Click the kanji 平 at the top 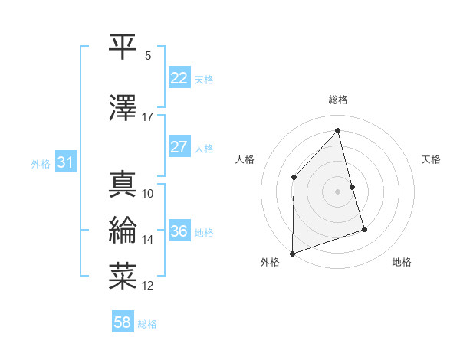(x=123, y=46)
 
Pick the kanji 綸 (x=123, y=229)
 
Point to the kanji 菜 (x=123, y=275)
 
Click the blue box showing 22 (x=179, y=78)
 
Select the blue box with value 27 (x=179, y=147)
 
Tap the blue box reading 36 (x=179, y=231)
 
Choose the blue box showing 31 (x=65, y=162)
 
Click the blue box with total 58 (x=123, y=322)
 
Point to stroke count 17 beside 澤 (x=148, y=117)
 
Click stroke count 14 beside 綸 (x=148, y=240)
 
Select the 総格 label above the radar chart (x=338, y=100)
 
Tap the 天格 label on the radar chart (x=432, y=159)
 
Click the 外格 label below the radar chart (x=270, y=263)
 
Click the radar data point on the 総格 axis (x=338, y=130)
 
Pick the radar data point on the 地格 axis (x=365, y=229)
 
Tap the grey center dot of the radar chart (x=338, y=191)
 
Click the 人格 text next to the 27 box (x=204, y=148)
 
